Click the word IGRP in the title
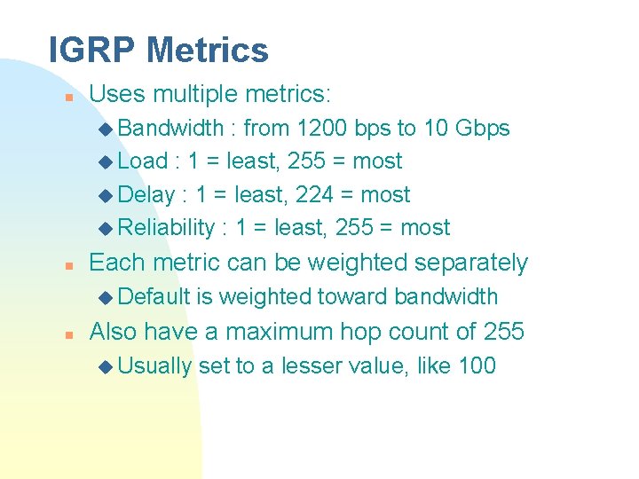[92, 50]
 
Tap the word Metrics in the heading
[208, 50]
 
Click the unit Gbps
[482, 128]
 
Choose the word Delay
[146, 194]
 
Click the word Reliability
[166, 228]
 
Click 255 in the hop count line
[504, 332]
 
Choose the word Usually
[154, 365]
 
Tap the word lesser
[314, 365]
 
